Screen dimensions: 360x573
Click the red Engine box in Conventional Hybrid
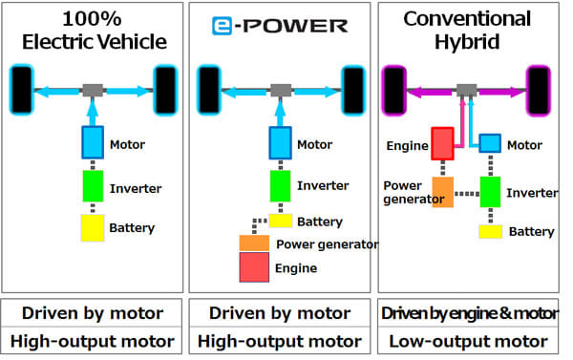[x=441, y=144]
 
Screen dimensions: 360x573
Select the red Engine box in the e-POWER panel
[x=254, y=266]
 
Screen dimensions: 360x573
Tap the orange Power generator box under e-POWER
[x=254, y=243]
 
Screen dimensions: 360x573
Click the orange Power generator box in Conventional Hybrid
[x=443, y=192]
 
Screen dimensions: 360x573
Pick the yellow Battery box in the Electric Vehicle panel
[x=93, y=228]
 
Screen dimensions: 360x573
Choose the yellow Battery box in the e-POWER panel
[x=279, y=221]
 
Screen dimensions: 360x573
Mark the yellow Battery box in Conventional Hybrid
[x=490, y=231]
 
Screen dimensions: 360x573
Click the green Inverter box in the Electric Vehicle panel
[x=93, y=185]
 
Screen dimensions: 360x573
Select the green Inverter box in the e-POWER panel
[x=279, y=184]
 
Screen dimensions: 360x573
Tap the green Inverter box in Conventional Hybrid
[x=490, y=191]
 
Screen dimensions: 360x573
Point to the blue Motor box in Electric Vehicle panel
[x=93, y=143]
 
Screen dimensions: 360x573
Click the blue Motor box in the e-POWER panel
[x=279, y=143]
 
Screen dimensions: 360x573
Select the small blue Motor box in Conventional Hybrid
[x=489, y=142]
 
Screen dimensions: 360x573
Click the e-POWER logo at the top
[x=280, y=27]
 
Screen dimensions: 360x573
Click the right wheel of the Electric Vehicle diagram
[x=166, y=90]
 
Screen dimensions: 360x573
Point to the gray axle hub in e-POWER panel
[x=280, y=90]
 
